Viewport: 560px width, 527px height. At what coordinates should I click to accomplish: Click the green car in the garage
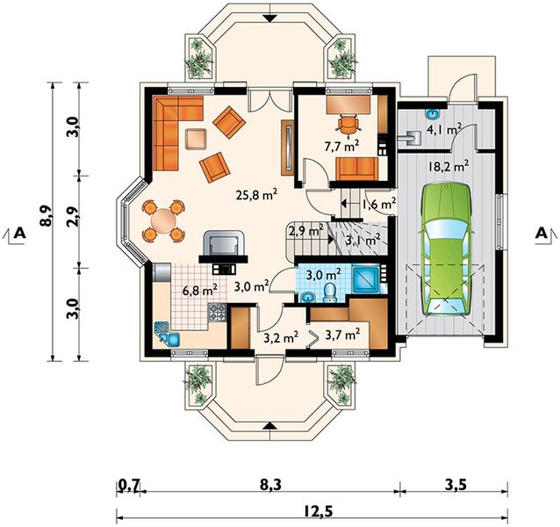446,249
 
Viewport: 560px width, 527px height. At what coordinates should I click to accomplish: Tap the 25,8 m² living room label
256,195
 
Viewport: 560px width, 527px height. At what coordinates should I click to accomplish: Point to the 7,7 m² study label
341,146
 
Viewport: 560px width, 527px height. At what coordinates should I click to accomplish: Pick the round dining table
163,220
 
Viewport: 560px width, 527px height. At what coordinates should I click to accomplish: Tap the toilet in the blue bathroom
329,293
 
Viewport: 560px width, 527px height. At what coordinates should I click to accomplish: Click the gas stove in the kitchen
217,312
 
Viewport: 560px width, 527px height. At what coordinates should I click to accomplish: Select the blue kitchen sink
167,334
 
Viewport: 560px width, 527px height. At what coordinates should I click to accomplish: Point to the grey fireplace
223,246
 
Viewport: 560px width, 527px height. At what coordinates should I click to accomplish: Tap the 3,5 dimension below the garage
456,485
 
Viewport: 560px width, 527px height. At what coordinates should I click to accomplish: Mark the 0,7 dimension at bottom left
128,486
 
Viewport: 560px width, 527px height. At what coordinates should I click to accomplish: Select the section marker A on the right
542,233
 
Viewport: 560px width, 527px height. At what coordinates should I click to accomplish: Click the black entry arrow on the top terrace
271,18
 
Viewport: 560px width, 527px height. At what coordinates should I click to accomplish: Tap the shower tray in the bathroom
365,279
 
